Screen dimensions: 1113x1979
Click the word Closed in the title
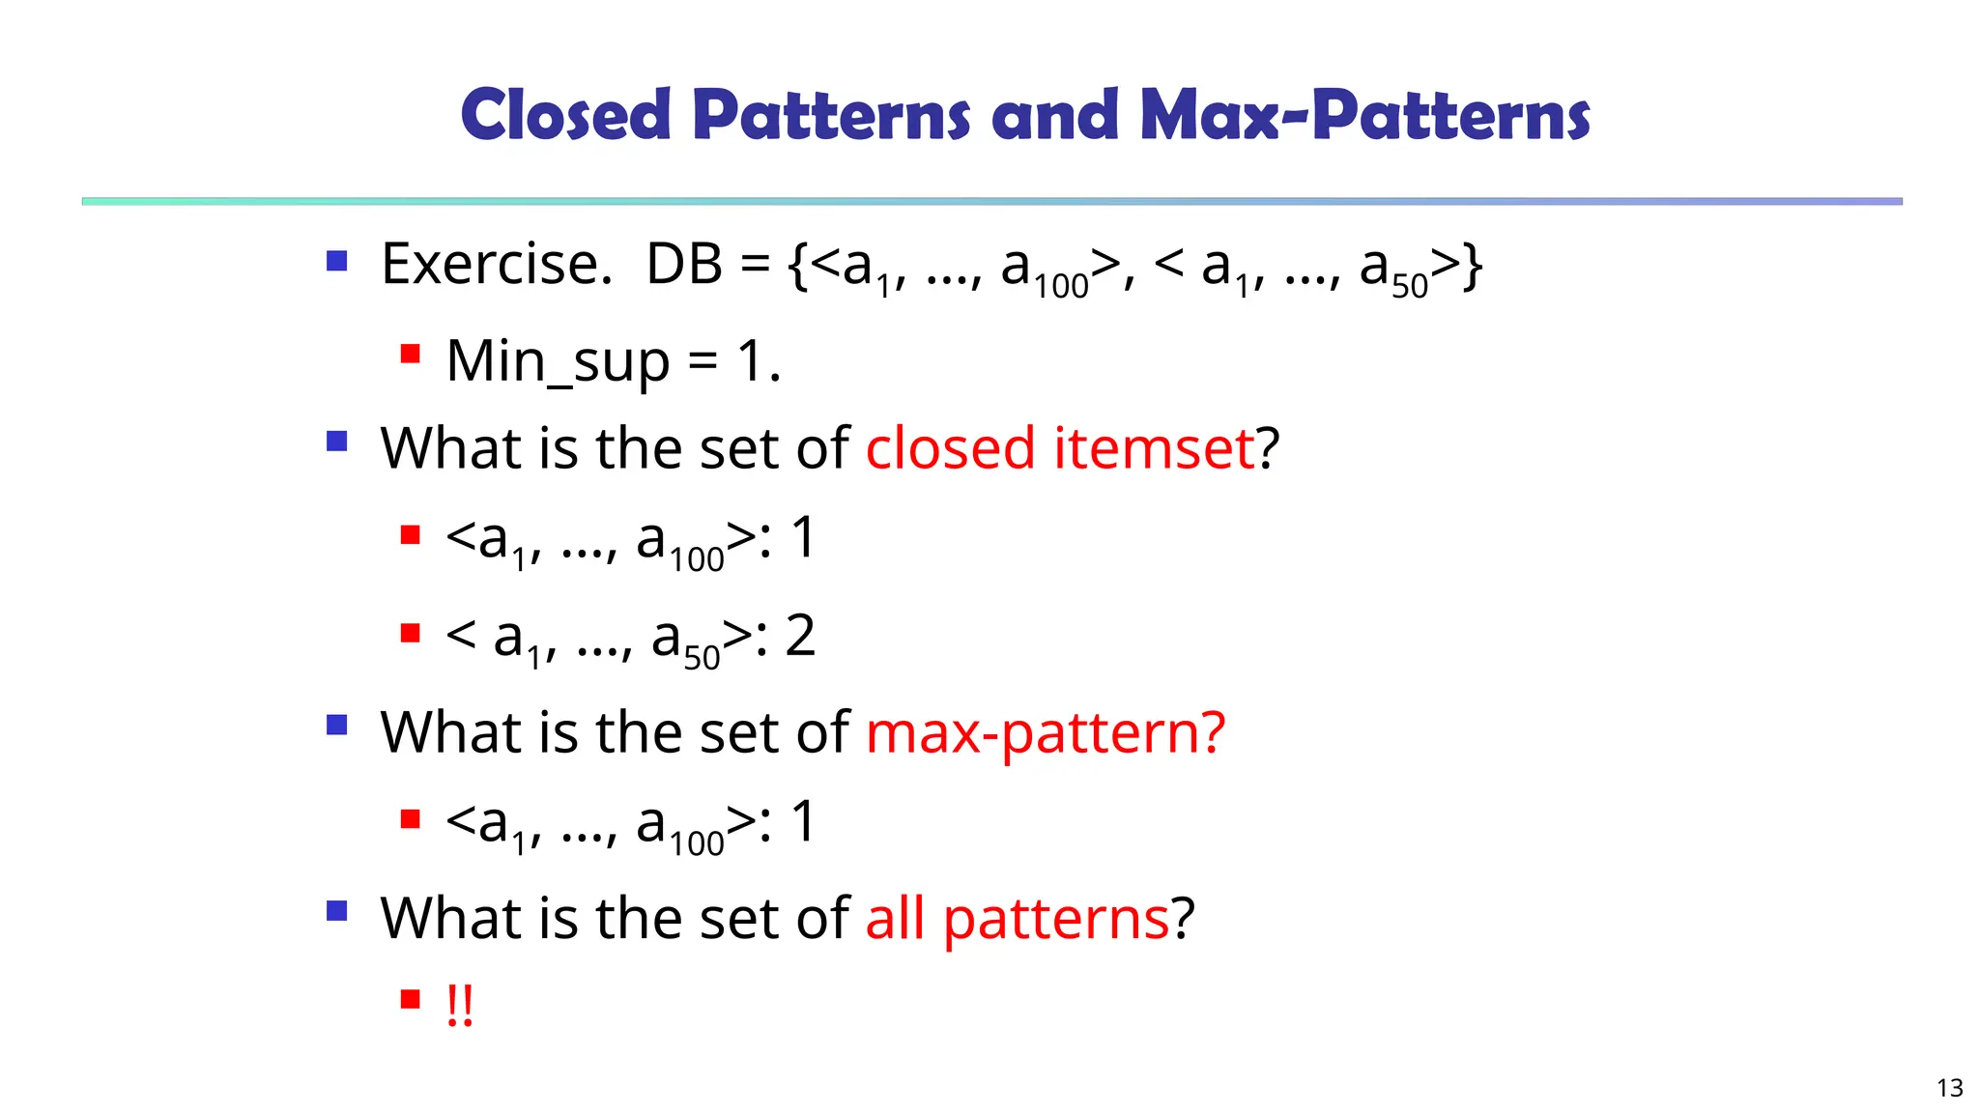(565, 115)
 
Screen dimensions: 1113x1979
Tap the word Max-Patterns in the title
(1364, 115)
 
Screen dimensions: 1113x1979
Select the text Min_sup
(558, 362)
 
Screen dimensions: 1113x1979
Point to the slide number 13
(1950, 1088)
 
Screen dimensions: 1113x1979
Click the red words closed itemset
(1059, 448)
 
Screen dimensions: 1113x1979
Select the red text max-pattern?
(1046, 732)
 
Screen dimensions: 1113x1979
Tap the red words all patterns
(1017, 918)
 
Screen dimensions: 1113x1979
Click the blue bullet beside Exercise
(336, 260)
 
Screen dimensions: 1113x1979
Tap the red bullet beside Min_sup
(411, 354)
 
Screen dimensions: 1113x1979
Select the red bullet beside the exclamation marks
(411, 998)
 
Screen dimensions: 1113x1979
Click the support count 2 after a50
(800, 637)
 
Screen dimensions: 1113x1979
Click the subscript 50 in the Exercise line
(1410, 287)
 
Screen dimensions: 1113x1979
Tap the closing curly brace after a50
(1472, 266)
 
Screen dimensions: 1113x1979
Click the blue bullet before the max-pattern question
(336, 725)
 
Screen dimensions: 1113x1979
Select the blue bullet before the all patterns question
(336, 910)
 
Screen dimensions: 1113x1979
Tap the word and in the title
(1054, 115)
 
